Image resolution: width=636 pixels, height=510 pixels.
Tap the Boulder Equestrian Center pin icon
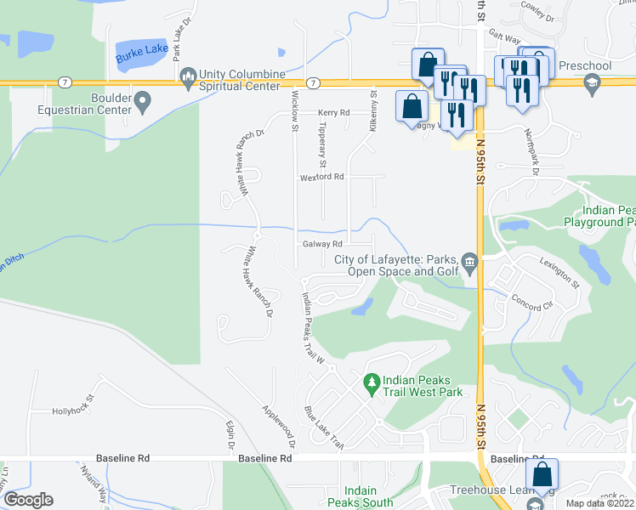(142, 104)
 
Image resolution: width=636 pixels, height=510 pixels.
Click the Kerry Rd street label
(334, 112)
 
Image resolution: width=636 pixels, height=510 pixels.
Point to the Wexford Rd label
(321, 177)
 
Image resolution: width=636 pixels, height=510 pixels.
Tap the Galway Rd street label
(322, 244)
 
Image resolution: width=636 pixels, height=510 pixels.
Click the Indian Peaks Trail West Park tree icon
(371, 384)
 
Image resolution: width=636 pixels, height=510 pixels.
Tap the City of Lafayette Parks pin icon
(471, 265)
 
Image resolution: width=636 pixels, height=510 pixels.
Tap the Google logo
(28, 499)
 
